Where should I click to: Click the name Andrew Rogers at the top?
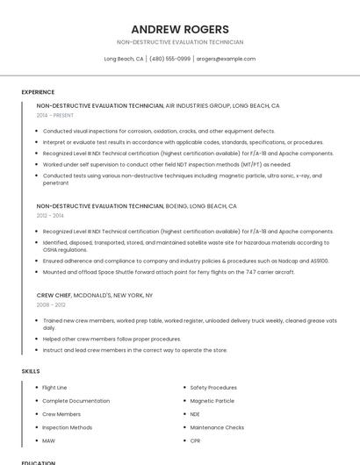pyautogui.click(x=180, y=29)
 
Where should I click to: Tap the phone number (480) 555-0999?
pyautogui.click(x=169, y=59)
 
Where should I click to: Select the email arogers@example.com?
pyautogui.click(x=226, y=59)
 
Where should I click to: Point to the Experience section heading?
pyautogui.click(x=38, y=92)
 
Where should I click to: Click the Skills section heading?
pyautogui.click(x=31, y=371)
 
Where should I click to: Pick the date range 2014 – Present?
pyautogui.click(x=55, y=115)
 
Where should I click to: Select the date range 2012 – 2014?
pyautogui.click(x=50, y=215)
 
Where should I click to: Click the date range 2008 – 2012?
pyautogui.click(x=50, y=305)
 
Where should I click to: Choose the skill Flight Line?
pyautogui.click(x=54, y=387)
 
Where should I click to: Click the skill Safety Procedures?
pyautogui.click(x=213, y=387)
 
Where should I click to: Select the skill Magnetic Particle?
pyautogui.click(x=212, y=400)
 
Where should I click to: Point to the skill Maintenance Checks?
pyautogui.click(x=217, y=427)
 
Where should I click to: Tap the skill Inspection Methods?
pyautogui.click(x=67, y=427)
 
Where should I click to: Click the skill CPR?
pyautogui.click(x=195, y=440)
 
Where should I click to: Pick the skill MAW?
pyautogui.click(x=48, y=440)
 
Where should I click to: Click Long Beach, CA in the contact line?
pyautogui.click(x=124, y=59)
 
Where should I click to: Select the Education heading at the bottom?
pyautogui.click(x=39, y=462)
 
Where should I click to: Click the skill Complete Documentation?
pyautogui.click(x=76, y=400)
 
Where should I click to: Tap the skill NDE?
pyautogui.click(x=195, y=414)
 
